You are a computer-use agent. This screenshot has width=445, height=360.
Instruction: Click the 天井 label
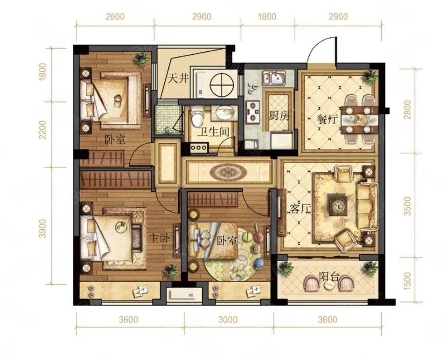click(179, 78)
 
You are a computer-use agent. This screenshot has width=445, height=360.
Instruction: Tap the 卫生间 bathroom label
click(213, 132)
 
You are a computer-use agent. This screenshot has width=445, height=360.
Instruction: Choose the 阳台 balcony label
click(329, 276)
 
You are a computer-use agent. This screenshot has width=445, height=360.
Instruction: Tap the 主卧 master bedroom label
click(160, 238)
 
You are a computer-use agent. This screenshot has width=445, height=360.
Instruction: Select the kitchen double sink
click(274, 78)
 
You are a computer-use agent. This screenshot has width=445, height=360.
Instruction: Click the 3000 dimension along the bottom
click(228, 320)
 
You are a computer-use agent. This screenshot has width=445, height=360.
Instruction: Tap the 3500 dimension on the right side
click(408, 206)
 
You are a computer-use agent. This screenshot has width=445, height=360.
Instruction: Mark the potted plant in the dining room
click(371, 76)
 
